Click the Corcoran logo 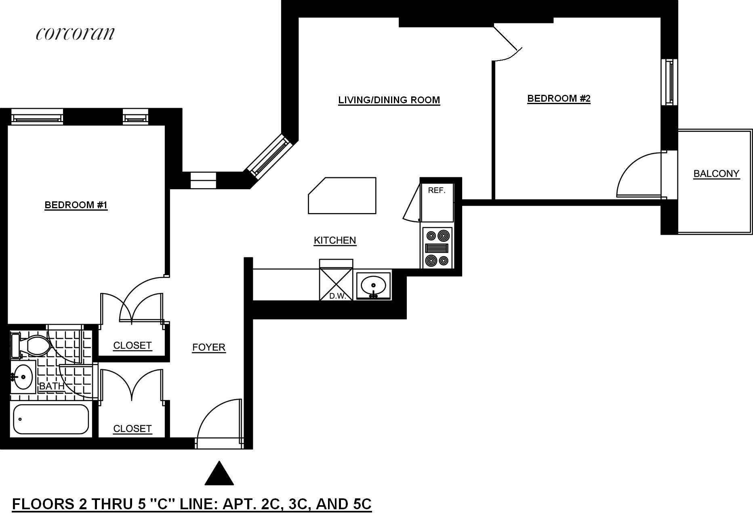[x=76, y=33]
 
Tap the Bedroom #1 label [x=76, y=205]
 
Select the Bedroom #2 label [x=559, y=98]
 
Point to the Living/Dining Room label [x=389, y=100]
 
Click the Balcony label [x=716, y=174]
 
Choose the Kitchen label [x=335, y=240]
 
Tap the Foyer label [x=208, y=347]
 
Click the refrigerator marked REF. [x=437, y=202]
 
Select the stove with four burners [x=437, y=247]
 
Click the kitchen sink [x=374, y=286]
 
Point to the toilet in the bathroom [x=34, y=345]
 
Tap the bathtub [x=51, y=420]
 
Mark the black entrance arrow [x=219, y=474]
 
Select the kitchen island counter [x=342, y=196]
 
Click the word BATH [x=52, y=386]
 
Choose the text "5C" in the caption [x=359, y=504]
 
